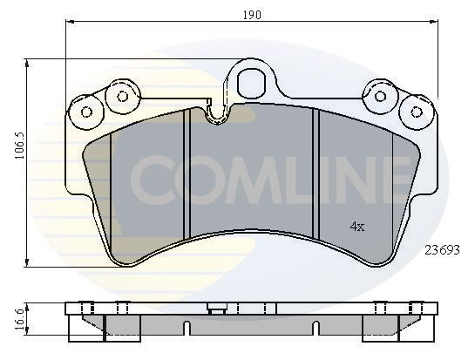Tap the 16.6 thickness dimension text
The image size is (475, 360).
click(x=15, y=316)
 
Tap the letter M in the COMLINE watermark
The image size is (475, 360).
click(x=253, y=178)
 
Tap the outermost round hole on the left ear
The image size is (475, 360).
click(x=86, y=112)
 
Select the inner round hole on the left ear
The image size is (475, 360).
click(x=121, y=94)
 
